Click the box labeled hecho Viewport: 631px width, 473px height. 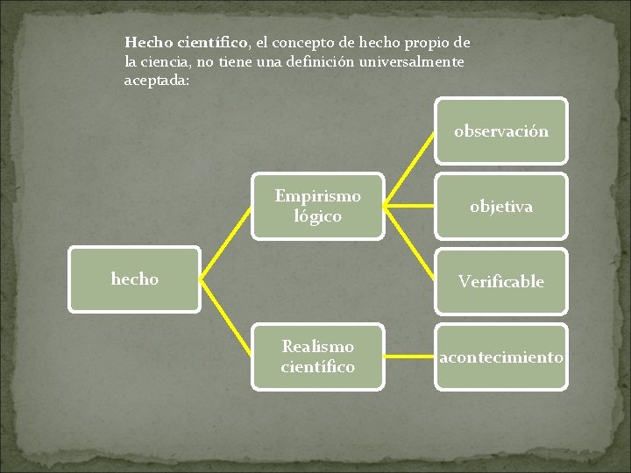(x=134, y=279)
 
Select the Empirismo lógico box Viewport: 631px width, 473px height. (x=317, y=206)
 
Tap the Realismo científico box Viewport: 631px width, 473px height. (x=317, y=357)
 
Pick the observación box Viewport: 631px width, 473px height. (x=501, y=131)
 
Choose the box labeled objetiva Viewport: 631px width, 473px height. (x=501, y=207)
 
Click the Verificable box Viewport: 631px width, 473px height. (x=501, y=281)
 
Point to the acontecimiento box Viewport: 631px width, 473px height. (x=501, y=357)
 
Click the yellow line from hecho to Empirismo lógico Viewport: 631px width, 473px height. (x=225, y=243)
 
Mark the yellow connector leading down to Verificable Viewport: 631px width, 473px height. (x=410, y=244)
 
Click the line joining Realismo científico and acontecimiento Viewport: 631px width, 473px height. (x=409, y=357)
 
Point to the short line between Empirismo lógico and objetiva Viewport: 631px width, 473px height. (x=409, y=207)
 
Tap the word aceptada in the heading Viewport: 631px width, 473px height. (x=154, y=81)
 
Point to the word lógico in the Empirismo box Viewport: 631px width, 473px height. (x=318, y=216)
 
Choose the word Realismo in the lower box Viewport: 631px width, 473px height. (x=317, y=347)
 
